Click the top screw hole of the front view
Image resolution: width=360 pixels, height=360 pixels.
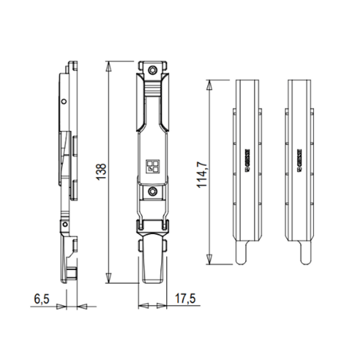click(154, 70)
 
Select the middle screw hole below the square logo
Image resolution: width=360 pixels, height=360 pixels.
click(154, 192)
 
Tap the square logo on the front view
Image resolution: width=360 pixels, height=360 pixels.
click(154, 166)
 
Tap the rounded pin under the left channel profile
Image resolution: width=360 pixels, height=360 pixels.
click(241, 254)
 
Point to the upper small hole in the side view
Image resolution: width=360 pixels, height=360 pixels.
click(64, 101)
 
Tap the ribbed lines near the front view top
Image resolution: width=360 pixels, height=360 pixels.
click(154, 89)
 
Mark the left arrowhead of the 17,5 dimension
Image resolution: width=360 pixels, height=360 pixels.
click(142, 306)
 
